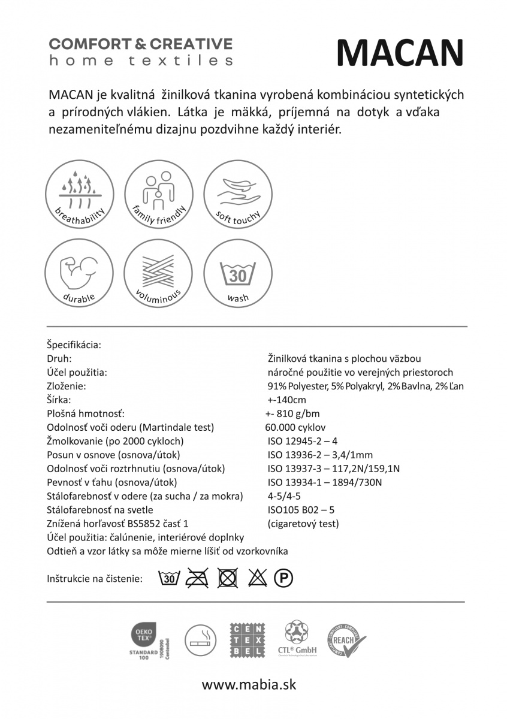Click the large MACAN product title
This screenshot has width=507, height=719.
tap(400, 53)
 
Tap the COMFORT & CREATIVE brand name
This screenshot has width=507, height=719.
tap(141, 44)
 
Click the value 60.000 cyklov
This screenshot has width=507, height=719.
tap(295, 428)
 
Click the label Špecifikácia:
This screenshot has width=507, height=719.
tap(73, 345)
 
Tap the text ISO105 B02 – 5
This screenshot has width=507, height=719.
tap(300, 510)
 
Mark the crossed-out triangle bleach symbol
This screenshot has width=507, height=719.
tap(257, 579)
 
